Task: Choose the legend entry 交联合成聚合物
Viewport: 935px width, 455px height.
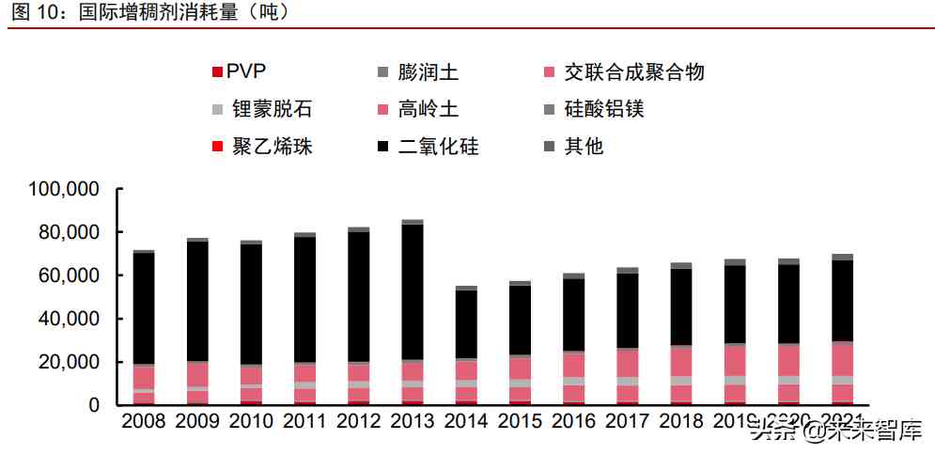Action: click(x=634, y=71)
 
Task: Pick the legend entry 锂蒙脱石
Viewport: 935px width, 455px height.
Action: click(x=272, y=109)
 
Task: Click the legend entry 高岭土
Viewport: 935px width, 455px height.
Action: click(x=428, y=109)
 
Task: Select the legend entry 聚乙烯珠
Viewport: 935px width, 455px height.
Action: click(x=272, y=147)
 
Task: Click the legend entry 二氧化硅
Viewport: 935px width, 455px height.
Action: click(x=438, y=147)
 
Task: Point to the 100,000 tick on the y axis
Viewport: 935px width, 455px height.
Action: click(x=65, y=189)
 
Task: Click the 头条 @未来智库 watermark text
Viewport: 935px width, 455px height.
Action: click(x=836, y=431)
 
